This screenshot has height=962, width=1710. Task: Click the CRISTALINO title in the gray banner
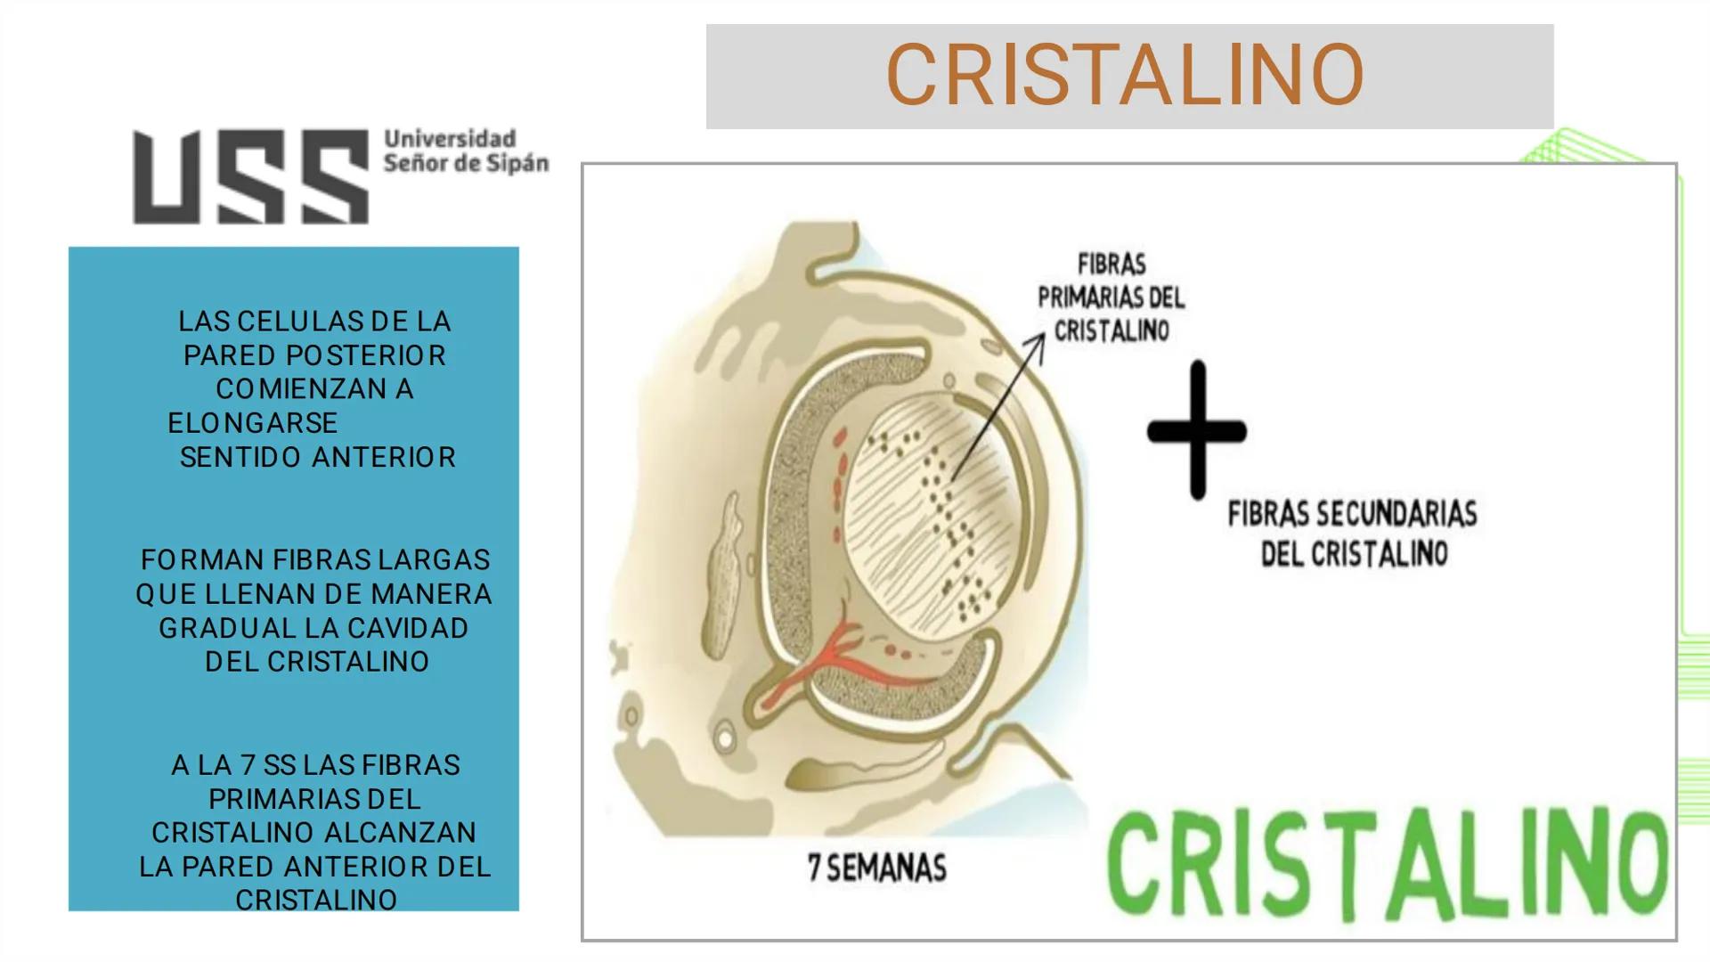1125,75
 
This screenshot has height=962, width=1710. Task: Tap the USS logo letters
250,176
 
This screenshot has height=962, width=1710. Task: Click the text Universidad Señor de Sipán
465,151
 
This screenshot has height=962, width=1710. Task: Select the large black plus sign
1196,431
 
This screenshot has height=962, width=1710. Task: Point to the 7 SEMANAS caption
877,868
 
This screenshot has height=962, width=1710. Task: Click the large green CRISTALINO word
1386,862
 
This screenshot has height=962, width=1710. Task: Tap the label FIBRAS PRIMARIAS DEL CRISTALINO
1111,298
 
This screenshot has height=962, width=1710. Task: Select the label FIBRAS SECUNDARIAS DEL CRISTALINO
1353,534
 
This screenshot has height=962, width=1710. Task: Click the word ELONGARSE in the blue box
253,423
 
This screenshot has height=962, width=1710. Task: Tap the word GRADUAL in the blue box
227,628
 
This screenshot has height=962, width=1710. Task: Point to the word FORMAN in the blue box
202,560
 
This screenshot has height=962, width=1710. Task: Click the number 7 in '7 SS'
247,765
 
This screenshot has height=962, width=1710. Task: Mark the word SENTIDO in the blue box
240,457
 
